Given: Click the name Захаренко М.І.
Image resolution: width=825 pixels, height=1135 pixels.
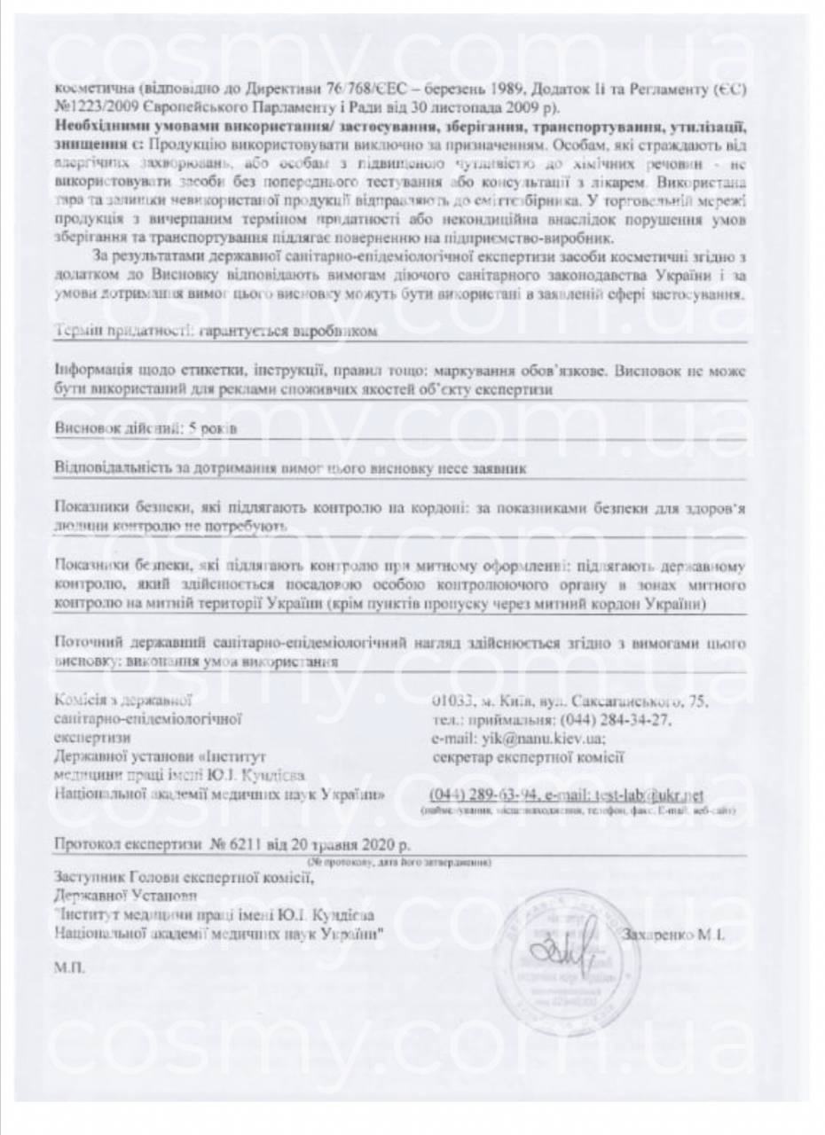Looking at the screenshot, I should pos(674,934).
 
